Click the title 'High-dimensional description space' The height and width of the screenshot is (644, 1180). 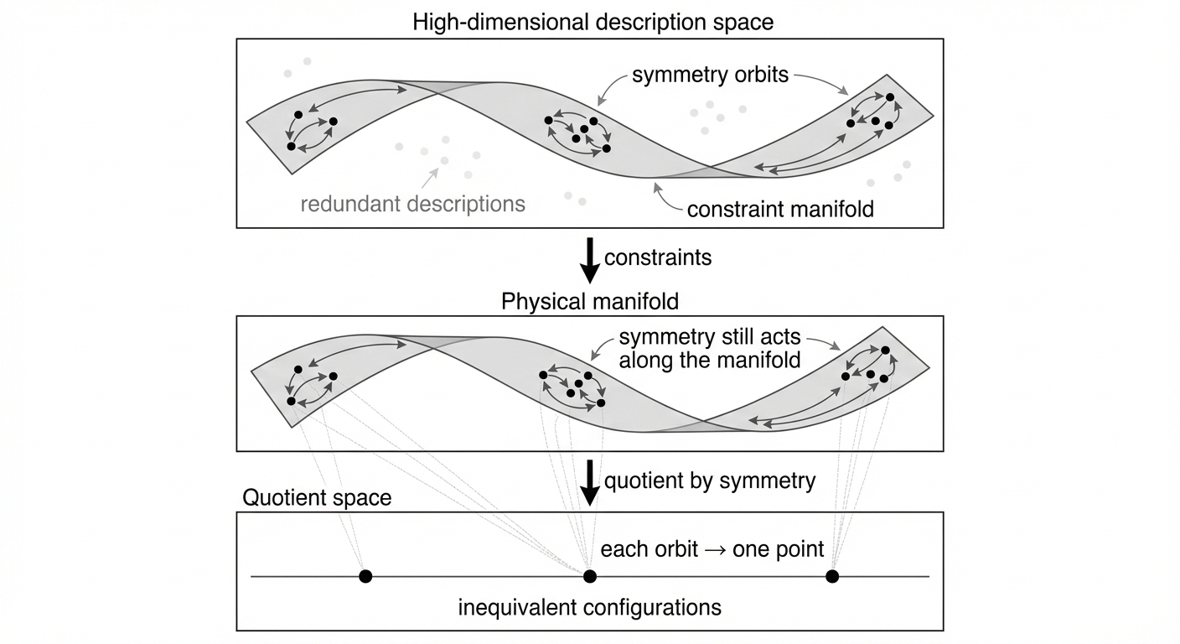coord(593,22)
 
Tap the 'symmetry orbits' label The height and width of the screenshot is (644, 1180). coord(710,75)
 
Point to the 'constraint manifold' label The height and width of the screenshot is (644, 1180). coord(780,209)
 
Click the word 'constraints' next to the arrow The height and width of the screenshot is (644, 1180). coord(658,257)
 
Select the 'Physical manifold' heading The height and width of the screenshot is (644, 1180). coord(590,301)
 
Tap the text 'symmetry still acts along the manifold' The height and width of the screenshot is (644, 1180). coord(710,349)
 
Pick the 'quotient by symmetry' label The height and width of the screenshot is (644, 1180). coord(709,480)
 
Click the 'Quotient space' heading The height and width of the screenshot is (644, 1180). coord(317,497)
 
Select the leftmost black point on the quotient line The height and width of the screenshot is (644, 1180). coord(365,576)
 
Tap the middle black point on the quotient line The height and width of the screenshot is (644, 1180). coord(590,576)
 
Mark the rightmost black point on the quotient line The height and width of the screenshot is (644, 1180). coord(832,576)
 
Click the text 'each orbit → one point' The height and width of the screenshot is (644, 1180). coord(712,549)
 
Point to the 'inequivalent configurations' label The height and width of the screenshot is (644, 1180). coord(589,606)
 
